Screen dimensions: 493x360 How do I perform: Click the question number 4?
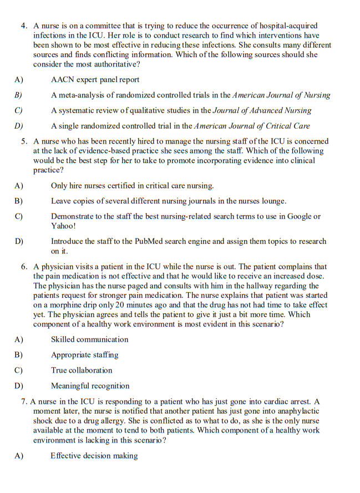coord(24,26)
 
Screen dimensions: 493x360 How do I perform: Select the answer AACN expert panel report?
coord(95,80)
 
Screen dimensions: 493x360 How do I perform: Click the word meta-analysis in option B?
coord(82,95)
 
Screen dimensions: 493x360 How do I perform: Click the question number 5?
coord(24,141)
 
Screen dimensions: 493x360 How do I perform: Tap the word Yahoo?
coord(63,226)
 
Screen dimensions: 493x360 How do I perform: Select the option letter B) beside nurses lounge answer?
coord(18,201)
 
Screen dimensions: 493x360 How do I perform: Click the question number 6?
coord(24,267)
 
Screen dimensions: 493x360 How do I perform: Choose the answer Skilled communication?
coord(89,339)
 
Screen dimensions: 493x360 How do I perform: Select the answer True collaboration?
coord(82,370)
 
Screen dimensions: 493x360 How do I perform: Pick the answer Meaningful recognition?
coord(90,386)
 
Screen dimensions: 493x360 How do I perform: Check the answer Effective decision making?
coord(94,456)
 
